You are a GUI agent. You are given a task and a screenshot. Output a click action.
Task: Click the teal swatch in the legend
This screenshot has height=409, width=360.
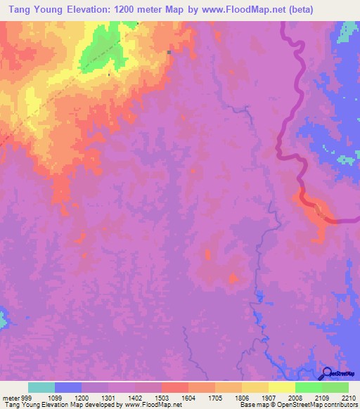coord(41,387)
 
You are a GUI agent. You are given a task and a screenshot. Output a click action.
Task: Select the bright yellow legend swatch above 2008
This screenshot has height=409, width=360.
coord(281,387)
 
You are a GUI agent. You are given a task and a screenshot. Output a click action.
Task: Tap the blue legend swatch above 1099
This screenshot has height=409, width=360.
coord(67,387)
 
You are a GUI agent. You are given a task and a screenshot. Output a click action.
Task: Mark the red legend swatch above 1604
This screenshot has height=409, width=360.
coord(174,387)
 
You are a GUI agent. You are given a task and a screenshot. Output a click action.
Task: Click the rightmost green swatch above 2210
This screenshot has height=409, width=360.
coord(335,387)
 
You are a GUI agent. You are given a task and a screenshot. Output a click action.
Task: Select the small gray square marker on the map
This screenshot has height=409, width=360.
coord(169,52)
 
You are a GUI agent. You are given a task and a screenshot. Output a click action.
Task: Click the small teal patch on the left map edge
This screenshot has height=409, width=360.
coord(3,318)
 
